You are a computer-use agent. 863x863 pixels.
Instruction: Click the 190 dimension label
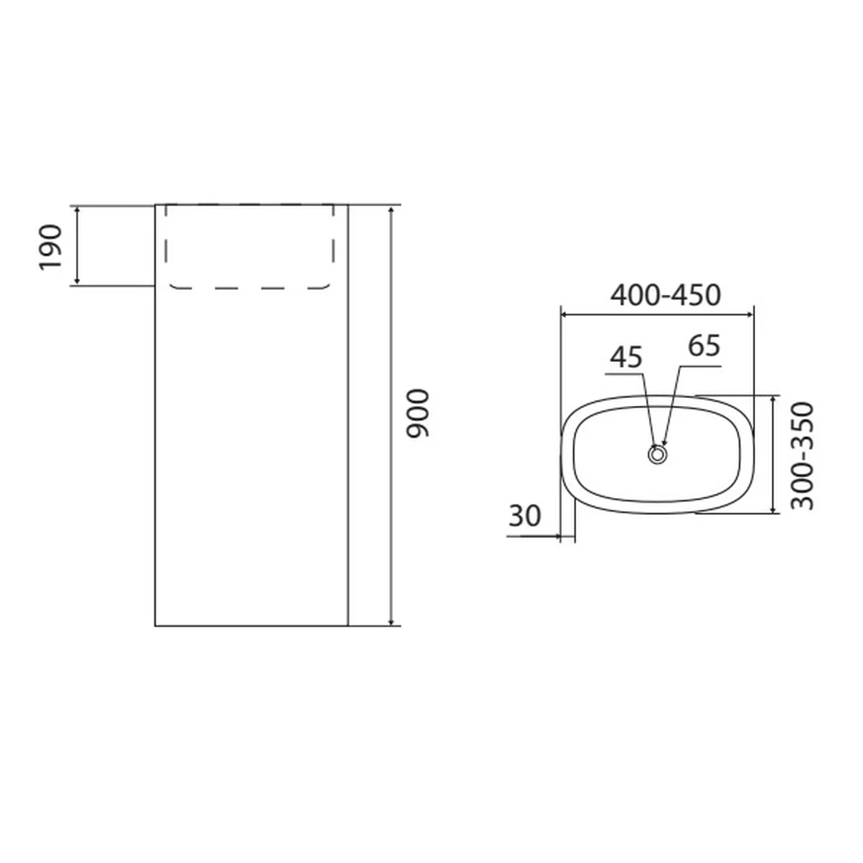pyautogui.click(x=50, y=248)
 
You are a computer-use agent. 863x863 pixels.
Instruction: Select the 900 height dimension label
pyautogui.click(x=417, y=413)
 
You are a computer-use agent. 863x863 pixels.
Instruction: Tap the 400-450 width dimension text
pyautogui.click(x=666, y=296)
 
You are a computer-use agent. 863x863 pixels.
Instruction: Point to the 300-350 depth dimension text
pyautogui.click(x=801, y=456)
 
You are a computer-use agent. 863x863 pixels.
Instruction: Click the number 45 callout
pyautogui.click(x=626, y=357)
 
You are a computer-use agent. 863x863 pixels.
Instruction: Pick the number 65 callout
pyautogui.click(x=704, y=346)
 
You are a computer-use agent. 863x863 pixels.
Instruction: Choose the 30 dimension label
pyautogui.click(x=524, y=516)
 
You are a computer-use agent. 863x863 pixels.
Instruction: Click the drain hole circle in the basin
pyautogui.click(x=657, y=455)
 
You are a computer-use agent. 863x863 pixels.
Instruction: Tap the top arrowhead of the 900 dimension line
pyautogui.click(x=391, y=211)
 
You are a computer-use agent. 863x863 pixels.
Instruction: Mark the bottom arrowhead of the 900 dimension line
pyautogui.click(x=391, y=621)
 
